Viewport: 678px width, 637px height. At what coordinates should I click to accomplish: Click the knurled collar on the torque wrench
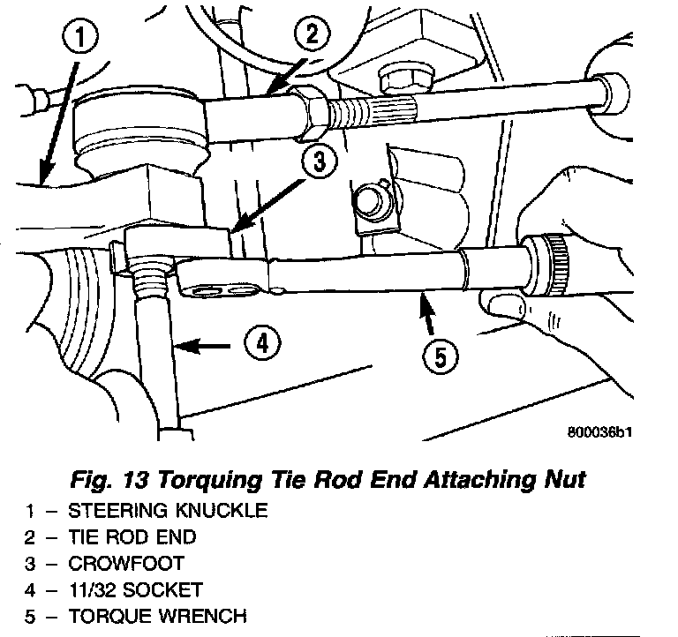[552, 258]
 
